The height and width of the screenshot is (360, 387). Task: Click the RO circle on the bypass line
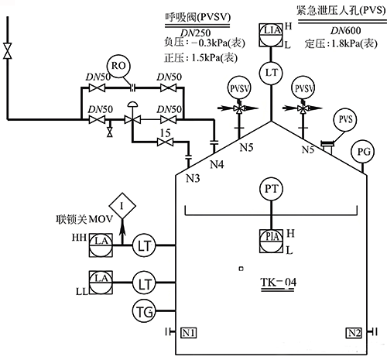[118, 66]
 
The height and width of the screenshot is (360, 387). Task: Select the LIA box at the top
[270, 32]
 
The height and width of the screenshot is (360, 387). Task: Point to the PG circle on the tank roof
[361, 152]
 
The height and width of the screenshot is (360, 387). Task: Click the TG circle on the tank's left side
[144, 312]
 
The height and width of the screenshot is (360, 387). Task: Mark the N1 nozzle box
[189, 333]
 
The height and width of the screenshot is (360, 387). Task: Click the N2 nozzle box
[354, 333]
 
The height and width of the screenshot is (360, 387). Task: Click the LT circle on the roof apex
[270, 72]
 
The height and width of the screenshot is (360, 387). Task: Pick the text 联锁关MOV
[79, 220]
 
